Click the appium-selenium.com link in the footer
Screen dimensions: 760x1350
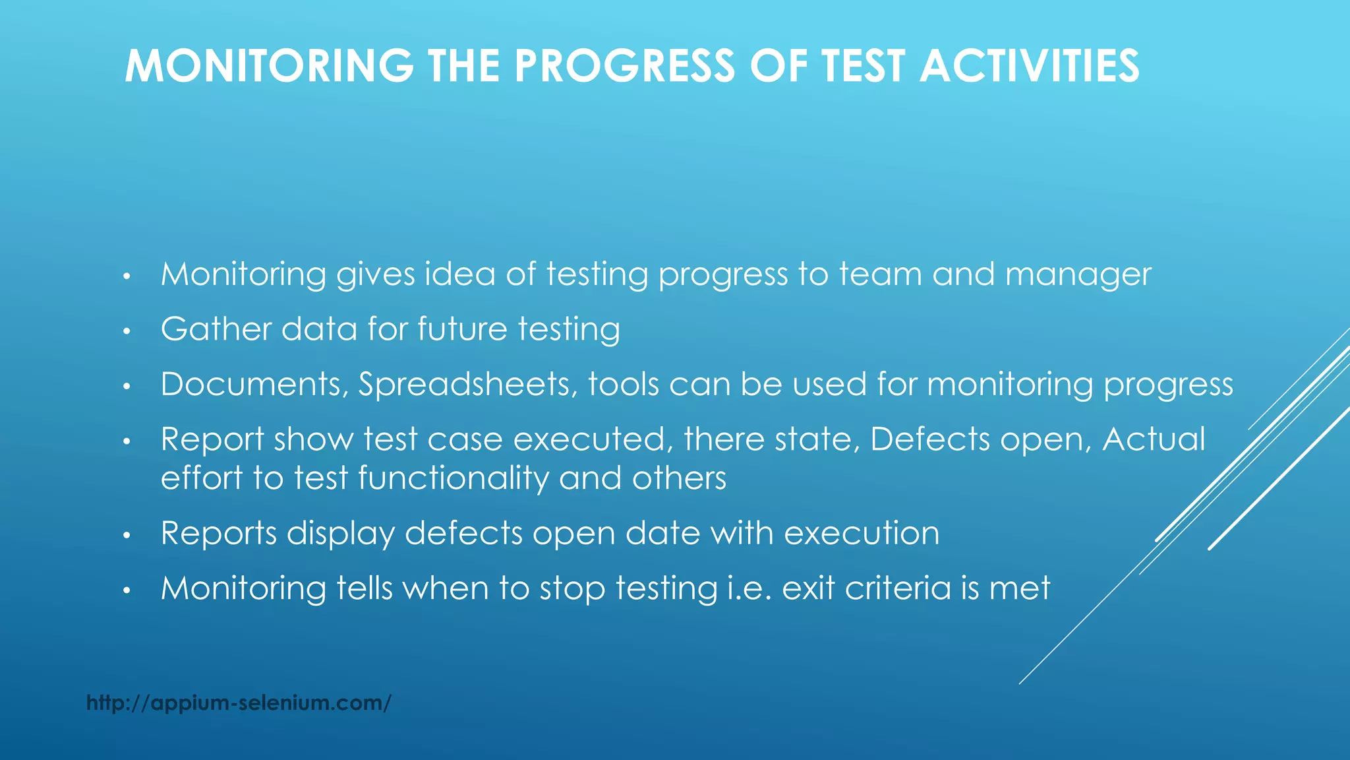point(239,703)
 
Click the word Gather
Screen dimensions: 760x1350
point(216,329)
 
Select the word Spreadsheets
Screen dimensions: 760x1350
point(467,384)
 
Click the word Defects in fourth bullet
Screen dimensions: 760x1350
point(929,439)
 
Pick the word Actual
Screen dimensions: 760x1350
point(1154,439)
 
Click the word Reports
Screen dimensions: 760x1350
point(218,533)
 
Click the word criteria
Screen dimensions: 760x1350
point(898,588)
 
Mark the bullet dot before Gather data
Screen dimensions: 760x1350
point(128,331)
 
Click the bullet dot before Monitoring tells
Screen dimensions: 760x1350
point(128,590)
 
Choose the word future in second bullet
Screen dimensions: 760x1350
point(462,329)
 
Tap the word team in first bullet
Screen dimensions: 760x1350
point(880,274)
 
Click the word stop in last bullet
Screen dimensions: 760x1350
point(572,588)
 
